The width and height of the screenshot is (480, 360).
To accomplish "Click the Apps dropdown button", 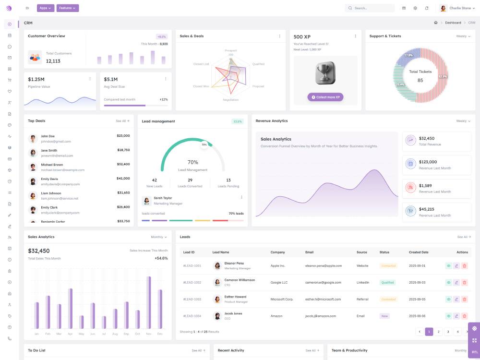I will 46,8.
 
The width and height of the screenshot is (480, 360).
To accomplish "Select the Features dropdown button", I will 67,8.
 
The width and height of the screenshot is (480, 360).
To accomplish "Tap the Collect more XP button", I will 325,97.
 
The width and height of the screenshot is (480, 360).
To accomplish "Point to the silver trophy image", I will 325,72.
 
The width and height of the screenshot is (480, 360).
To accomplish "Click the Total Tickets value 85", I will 420,80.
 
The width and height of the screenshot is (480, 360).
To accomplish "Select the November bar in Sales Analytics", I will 149,302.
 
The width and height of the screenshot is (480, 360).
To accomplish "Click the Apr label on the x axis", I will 70,334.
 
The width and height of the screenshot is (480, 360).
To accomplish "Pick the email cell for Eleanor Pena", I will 324,265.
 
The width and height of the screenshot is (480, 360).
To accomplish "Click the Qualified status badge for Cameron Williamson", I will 387,282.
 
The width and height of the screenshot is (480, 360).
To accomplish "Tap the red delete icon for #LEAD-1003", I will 464,299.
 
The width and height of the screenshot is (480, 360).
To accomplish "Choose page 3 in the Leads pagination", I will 448,332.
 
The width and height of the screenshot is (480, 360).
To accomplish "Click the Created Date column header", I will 419,252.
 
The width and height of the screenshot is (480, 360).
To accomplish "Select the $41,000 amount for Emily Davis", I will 123,179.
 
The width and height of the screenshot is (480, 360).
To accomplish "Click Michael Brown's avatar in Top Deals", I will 33,167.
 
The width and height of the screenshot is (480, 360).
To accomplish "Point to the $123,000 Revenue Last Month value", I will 428,162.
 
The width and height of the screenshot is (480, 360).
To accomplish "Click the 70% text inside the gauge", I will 192,162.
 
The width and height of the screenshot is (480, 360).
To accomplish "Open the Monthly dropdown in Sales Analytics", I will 159,237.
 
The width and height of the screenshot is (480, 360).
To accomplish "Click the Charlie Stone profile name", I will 460,8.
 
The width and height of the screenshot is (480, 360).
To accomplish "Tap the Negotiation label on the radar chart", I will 230,100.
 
